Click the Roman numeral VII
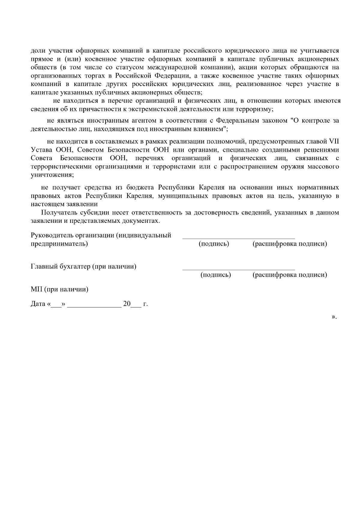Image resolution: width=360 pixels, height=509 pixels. [334, 141]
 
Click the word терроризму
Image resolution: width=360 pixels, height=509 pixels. [257, 109]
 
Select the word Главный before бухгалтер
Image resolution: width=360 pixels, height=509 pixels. [43, 267]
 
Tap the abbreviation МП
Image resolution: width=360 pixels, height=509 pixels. [37, 289]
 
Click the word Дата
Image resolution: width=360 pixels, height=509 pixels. [38, 304]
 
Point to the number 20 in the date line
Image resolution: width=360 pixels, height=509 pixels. [127, 304]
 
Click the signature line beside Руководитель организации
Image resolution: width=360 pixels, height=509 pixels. [238, 239]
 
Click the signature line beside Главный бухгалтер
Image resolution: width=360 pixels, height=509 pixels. [238, 270]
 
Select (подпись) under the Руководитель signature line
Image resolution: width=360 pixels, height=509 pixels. [214, 244]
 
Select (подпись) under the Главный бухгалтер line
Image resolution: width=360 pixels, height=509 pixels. [215, 275]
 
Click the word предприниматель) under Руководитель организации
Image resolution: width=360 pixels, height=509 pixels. [59, 244]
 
